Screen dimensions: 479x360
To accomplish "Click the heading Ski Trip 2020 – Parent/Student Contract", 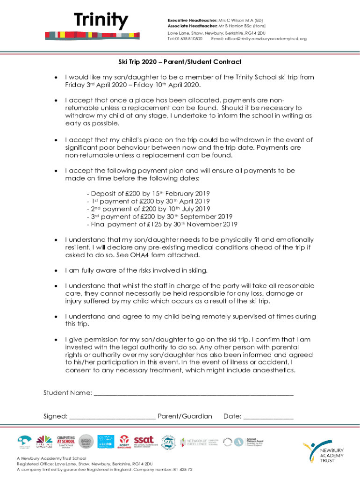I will point(180,62).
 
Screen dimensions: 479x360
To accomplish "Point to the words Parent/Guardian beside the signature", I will point(185,416).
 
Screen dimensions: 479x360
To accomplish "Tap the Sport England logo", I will point(124,441).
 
